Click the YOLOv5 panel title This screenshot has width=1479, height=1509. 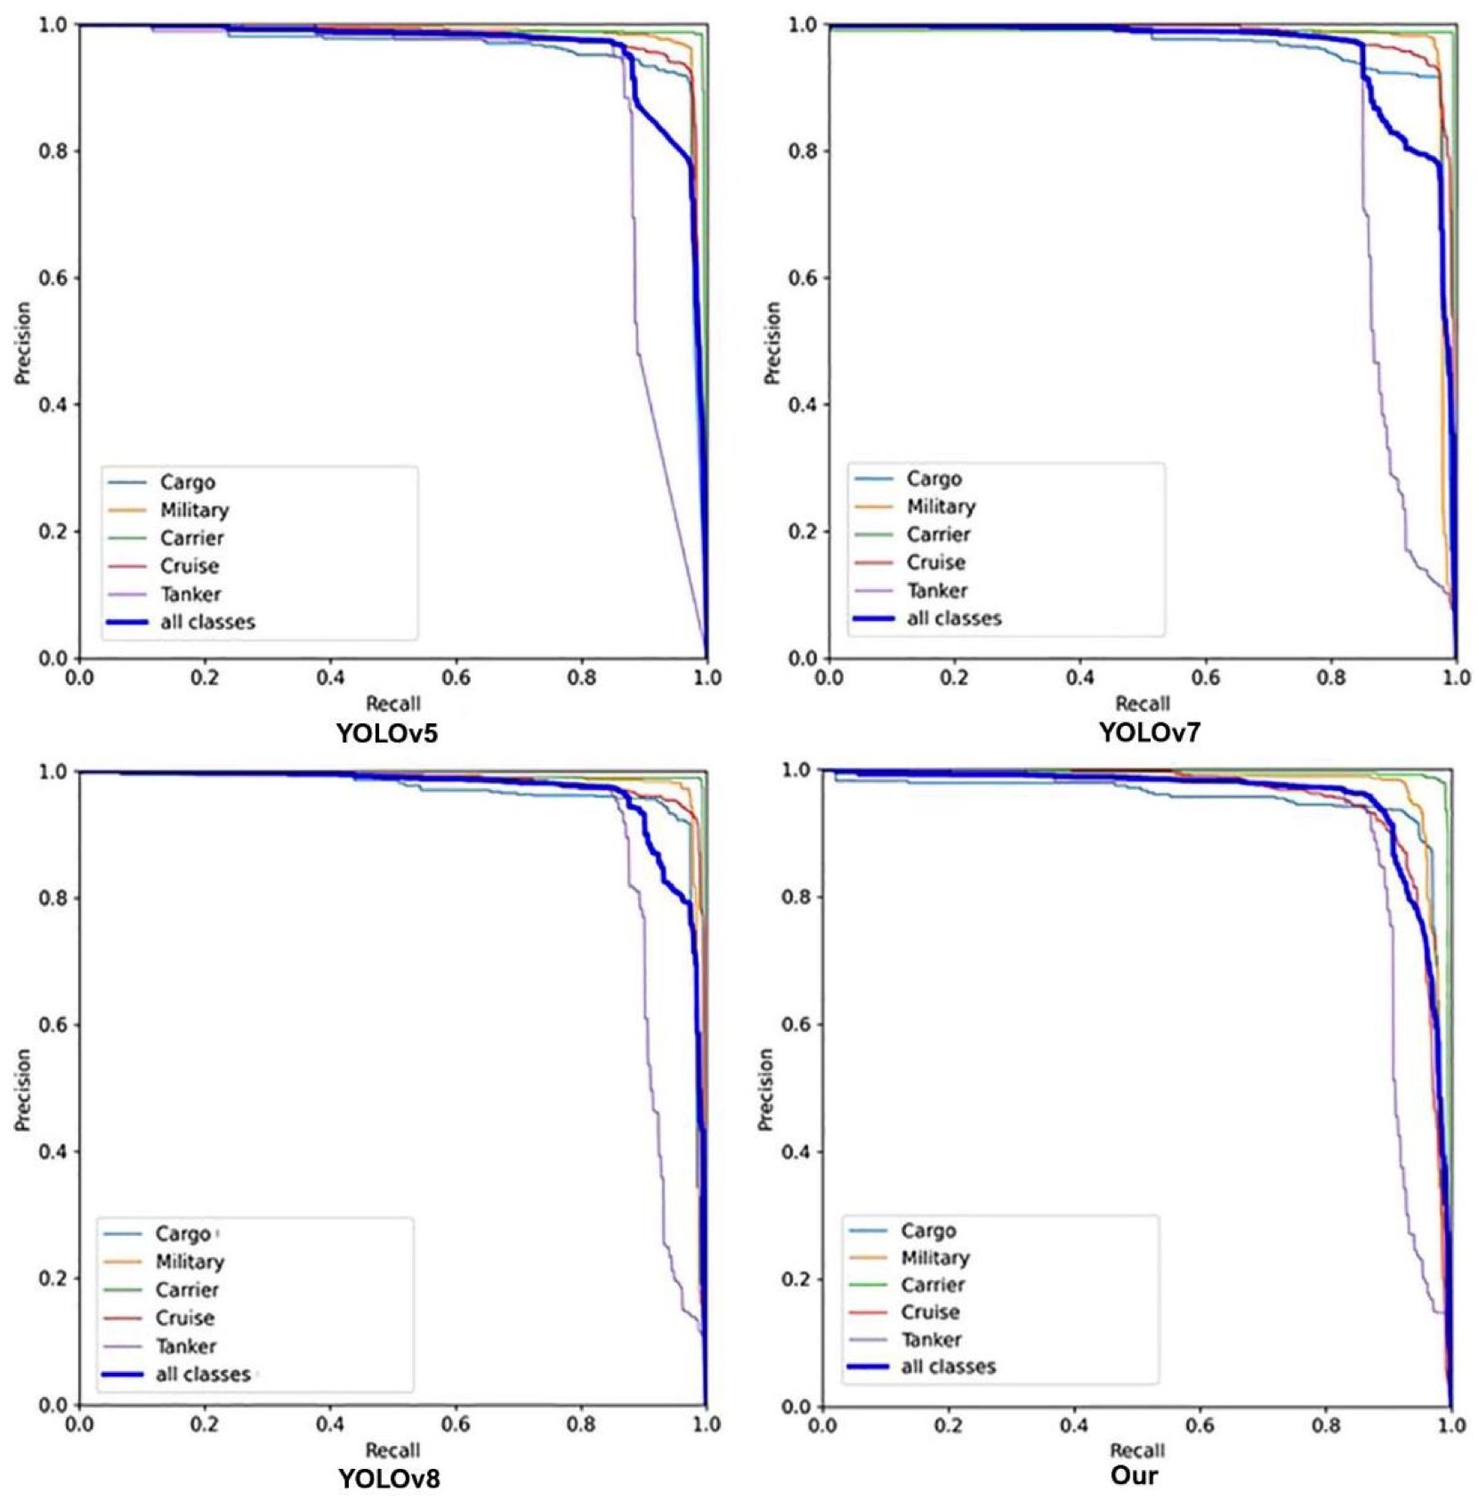(387, 733)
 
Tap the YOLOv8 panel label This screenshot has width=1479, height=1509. (389, 1479)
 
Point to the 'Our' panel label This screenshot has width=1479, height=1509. (1135, 1475)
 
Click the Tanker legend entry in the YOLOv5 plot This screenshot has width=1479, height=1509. (190, 594)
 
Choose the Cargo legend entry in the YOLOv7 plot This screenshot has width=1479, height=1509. (933, 479)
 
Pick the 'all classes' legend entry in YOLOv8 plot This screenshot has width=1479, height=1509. (202, 1375)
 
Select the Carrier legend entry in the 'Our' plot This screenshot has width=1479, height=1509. (932, 1285)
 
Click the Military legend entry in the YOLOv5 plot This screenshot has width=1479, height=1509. (194, 510)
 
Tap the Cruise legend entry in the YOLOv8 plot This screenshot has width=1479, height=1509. (184, 1318)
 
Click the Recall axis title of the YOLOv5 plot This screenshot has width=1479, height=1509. (392, 704)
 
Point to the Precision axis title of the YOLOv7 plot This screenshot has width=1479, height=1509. (772, 343)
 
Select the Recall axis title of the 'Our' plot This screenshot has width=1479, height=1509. (1136, 1451)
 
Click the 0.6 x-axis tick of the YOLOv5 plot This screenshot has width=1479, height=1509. (457, 678)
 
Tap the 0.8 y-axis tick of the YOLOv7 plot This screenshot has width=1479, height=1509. (803, 151)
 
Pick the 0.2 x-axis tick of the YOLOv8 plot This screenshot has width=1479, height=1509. (205, 1424)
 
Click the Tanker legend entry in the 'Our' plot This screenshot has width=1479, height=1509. (931, 1339)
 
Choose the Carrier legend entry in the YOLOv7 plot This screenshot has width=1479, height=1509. (938, 535)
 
